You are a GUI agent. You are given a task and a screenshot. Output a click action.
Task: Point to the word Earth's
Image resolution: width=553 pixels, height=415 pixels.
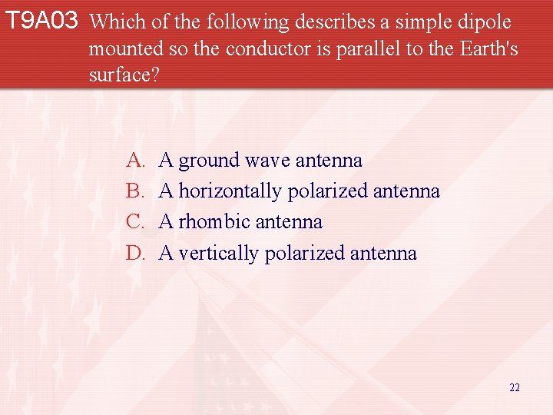tap(488, 49)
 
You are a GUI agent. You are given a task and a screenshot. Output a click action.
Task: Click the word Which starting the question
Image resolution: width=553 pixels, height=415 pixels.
tap(113, 23)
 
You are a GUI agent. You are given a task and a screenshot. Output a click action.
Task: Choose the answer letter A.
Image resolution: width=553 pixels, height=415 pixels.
tap(134, 160)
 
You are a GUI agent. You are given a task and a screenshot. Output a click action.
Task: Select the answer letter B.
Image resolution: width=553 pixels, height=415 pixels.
tap(134, 191)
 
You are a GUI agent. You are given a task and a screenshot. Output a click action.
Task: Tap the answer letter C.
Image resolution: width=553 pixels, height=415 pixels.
tap(134, 222)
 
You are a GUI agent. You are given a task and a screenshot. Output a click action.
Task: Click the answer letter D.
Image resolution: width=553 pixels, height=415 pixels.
tap(134, 253)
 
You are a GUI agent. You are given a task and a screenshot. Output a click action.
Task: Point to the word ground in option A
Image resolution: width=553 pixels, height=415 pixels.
tap(209, 161)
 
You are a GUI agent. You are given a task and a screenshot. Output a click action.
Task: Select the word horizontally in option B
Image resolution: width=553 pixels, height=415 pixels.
tap(230, 191)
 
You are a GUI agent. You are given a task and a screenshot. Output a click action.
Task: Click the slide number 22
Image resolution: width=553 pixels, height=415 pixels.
tap(515, 387)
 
